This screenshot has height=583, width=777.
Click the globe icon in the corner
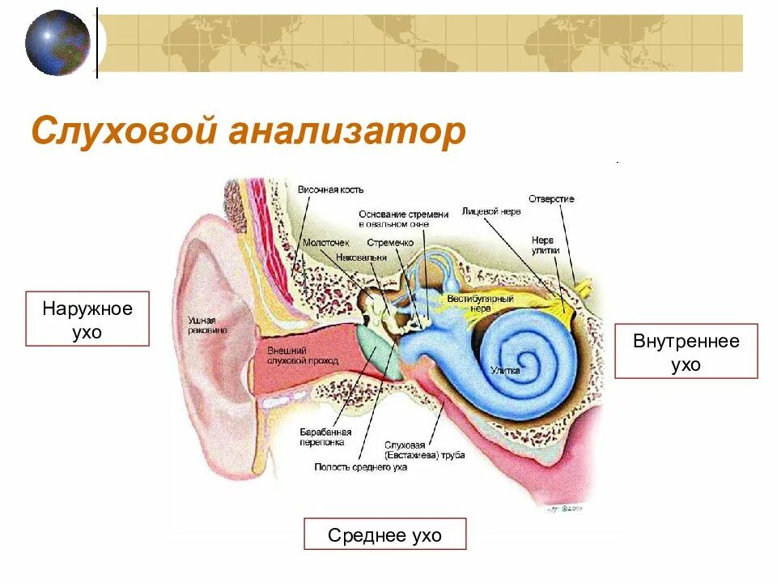point(57,42)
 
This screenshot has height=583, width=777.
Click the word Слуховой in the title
point(123,131)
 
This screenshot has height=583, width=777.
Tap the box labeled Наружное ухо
point(87,319)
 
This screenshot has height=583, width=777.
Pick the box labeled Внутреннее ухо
point(686,351)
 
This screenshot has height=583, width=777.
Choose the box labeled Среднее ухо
point(384,534)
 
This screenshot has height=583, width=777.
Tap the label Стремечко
point(389,242)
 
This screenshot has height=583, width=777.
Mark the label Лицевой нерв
point(491,211)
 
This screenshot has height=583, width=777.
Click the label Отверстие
point(551,198)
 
